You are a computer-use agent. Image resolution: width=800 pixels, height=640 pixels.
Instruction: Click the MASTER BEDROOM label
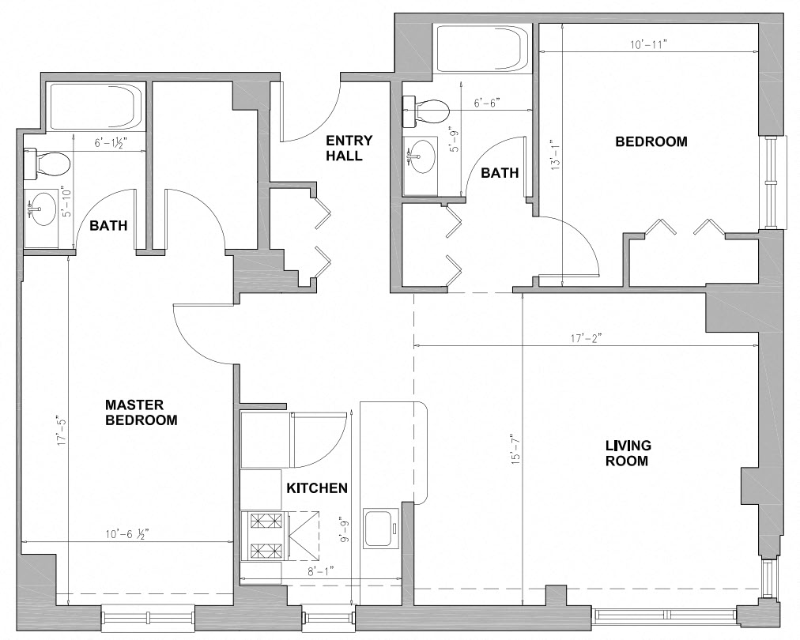[142, 412]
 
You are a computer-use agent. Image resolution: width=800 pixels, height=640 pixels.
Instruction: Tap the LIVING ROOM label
[628, 453]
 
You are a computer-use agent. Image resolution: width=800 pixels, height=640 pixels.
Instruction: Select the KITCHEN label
[317, 488]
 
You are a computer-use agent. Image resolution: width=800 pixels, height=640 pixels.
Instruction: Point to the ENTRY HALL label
[349, 148]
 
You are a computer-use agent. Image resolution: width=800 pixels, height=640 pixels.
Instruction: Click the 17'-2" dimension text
[587, 338]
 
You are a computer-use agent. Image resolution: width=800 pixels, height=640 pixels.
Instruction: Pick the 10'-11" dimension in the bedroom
[649, 45]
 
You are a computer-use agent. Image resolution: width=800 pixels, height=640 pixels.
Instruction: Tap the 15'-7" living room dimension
[516, 450]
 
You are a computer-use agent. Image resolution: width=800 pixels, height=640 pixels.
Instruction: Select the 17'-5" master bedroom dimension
[62, 432]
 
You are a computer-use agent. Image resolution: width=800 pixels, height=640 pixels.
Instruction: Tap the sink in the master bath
[43, 209]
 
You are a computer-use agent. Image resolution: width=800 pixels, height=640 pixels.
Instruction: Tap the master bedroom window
[149, 616]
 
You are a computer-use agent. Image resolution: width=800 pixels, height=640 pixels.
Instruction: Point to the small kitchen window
[328, 616]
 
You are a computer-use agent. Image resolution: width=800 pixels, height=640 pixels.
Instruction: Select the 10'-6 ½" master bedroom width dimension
[127, 534]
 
